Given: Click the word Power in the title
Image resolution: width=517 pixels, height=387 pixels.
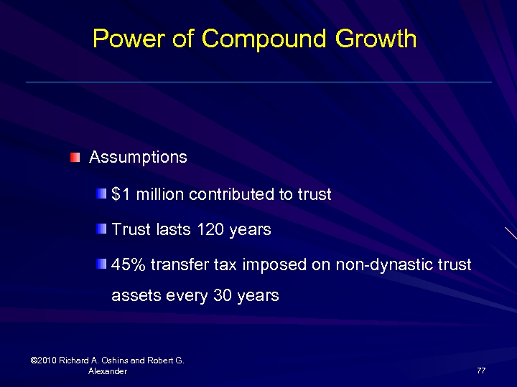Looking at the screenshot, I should [122, 38].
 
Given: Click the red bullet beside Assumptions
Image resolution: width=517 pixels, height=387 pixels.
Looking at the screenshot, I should [75, 157].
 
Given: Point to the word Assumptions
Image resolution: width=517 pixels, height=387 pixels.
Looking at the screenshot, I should [138, 157].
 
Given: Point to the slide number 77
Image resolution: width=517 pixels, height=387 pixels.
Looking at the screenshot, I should [481, 371].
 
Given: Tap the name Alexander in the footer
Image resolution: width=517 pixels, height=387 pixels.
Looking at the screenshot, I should [108, 371].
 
